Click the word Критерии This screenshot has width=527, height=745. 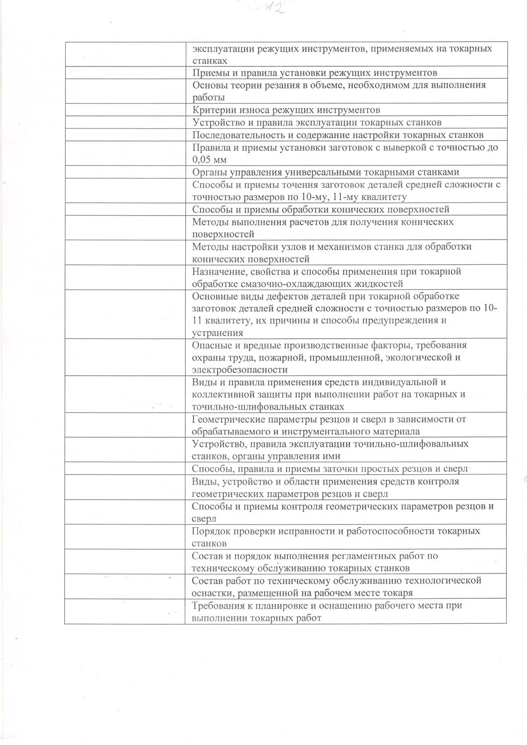tap(209, 110)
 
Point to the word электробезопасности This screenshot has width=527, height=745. tap(240, 370)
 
